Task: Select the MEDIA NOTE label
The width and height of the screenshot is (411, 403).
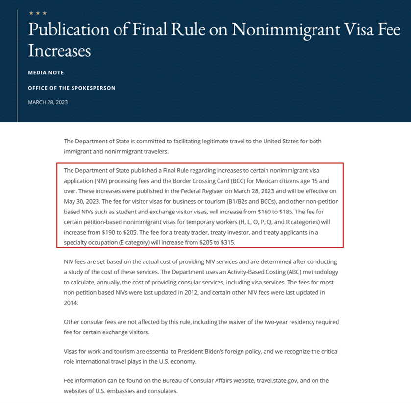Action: point(46,73)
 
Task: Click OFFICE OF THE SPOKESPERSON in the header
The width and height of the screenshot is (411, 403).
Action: point(72,88)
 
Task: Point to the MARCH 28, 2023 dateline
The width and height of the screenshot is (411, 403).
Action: point(48,102)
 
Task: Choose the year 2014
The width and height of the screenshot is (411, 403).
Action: point(72,303)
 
